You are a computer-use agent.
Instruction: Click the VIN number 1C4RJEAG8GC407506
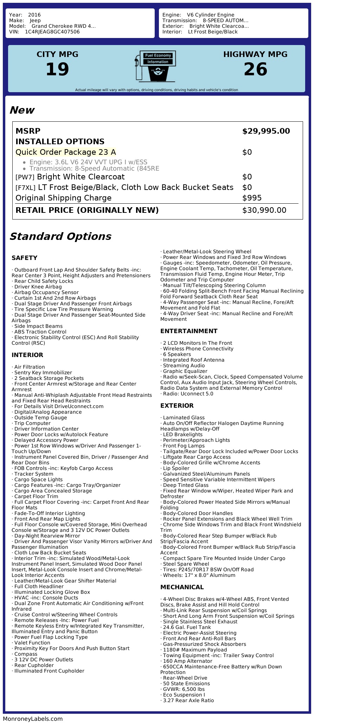[x=52, y=32]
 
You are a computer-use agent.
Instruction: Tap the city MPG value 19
[x=57, y=69]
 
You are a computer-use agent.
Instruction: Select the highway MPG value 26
[x=255, y=69]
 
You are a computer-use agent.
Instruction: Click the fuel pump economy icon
[x=155, y=66]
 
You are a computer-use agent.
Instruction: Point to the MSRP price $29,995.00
[x=266, y=131]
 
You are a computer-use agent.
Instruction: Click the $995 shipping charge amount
[x=252, y=198]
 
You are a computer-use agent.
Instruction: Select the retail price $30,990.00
[x=264, y=210]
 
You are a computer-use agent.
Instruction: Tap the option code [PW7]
[x=25, y=177]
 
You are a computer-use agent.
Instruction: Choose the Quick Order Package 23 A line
[x=66, y=152]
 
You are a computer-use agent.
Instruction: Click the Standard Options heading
[x=60, y=236]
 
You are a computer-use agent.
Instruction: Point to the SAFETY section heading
[x=24, y=258]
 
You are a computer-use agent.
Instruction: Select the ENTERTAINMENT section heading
[x=189, y=331]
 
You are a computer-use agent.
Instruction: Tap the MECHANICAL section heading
[x=182, y=587]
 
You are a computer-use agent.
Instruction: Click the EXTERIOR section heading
[x=177, y=406]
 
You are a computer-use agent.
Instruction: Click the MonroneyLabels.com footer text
[x=33, y=719]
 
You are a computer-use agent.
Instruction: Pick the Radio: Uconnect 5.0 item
[x=188, y=394]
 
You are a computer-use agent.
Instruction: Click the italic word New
[x=22, y=110]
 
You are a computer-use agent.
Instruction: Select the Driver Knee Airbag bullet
[x=38, y=287]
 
